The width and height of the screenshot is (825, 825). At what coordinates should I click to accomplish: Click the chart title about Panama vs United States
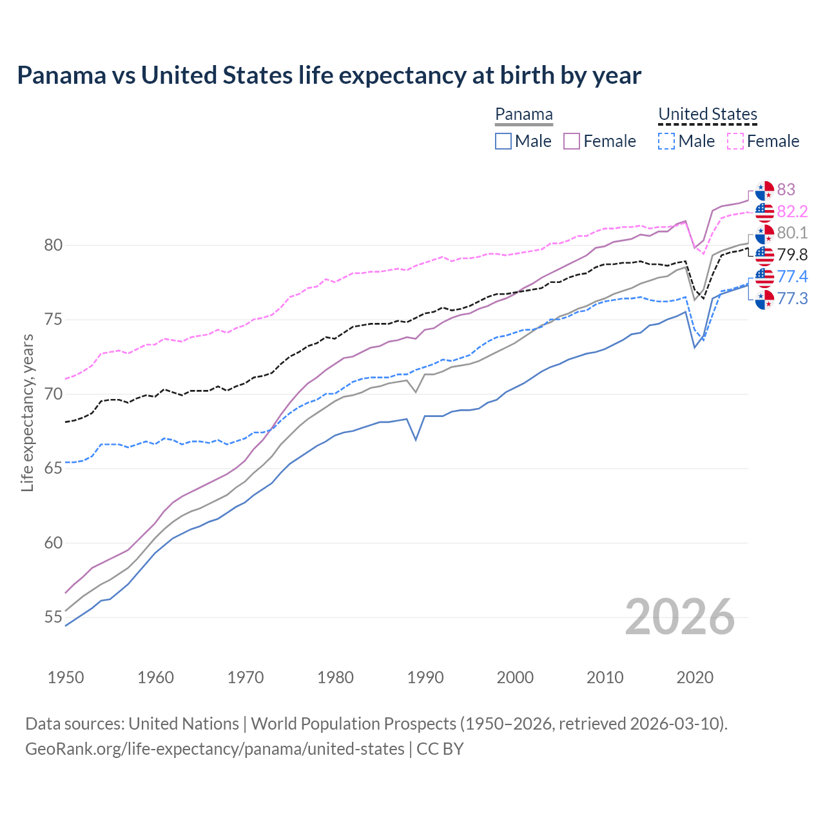329,75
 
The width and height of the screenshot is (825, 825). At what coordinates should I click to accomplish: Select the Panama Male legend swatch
503,141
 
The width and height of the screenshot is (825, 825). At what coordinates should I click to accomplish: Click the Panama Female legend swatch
572,141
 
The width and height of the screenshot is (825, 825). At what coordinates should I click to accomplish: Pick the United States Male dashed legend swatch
666,141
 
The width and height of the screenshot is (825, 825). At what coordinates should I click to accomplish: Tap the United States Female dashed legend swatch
735,141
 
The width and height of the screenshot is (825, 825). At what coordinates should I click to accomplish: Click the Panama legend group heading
524,115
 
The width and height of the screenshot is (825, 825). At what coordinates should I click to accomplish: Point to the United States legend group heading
707,115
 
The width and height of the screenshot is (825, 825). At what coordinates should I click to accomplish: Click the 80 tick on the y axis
53,245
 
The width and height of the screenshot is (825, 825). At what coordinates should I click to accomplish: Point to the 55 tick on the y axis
53,617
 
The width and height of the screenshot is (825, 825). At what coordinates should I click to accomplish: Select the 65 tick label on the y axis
53,469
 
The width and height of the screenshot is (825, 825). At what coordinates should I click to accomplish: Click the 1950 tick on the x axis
66,677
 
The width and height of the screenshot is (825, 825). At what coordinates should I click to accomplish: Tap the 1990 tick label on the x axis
425,677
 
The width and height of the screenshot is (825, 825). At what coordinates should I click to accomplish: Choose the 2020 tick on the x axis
695,677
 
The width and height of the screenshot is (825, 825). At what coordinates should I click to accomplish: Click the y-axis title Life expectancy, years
27,412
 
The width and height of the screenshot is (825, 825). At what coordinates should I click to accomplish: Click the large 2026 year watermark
679,617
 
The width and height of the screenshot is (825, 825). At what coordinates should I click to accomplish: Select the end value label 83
786,189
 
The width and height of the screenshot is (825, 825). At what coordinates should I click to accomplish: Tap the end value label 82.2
792,211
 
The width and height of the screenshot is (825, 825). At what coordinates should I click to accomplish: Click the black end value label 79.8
792,255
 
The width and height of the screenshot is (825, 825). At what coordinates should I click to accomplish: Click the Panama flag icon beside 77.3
764,299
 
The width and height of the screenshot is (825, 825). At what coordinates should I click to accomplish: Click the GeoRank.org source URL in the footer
215,749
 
